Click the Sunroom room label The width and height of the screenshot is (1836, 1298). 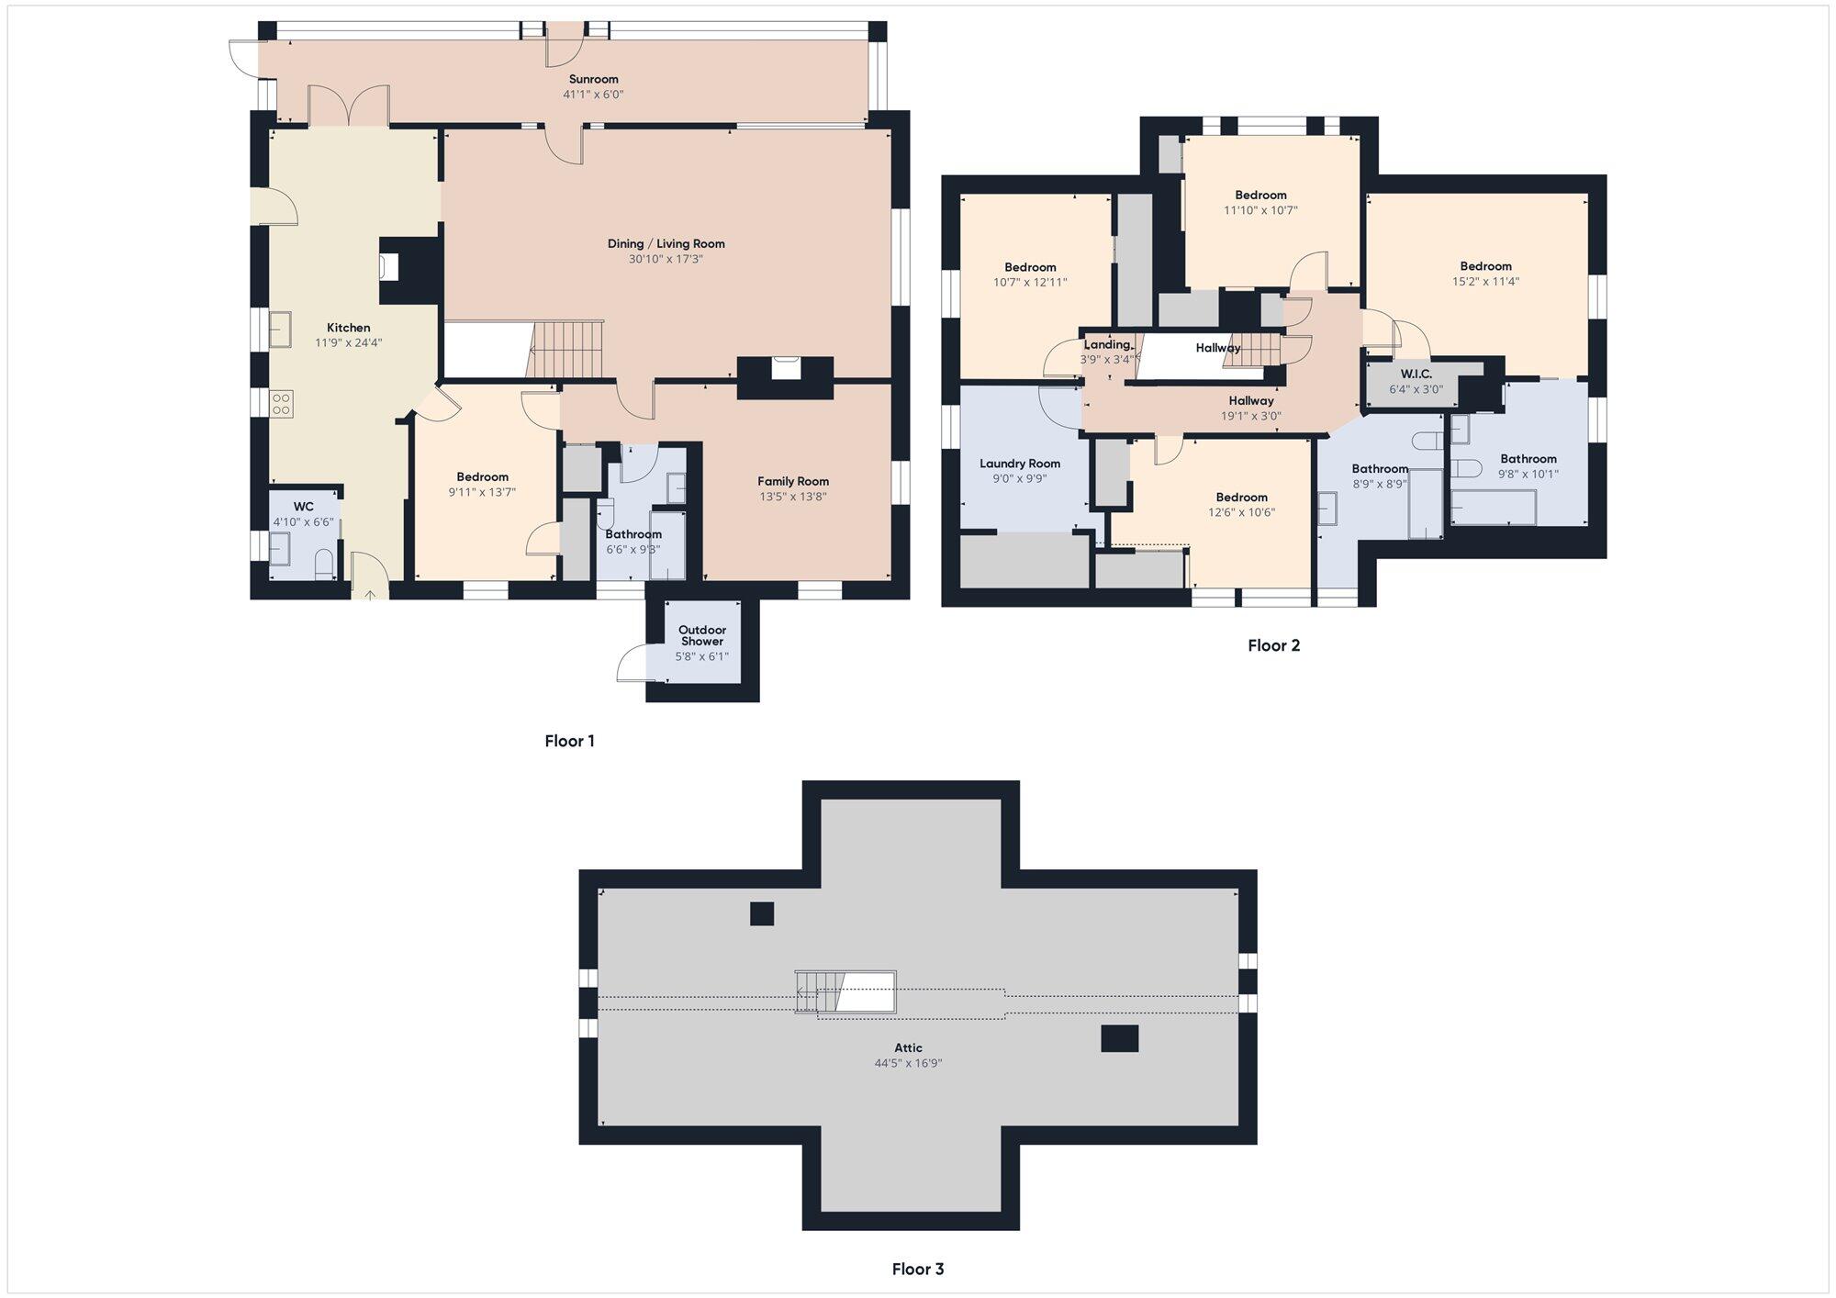tap(593, 79)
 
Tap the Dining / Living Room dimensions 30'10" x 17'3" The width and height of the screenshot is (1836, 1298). tap(666, 259)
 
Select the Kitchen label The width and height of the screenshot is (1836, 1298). tap(349, 328)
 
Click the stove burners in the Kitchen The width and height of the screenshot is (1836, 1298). tap(282, 404)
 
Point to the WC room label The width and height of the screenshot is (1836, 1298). tap(303, 507)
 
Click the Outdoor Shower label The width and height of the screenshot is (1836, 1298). tap(702, 635)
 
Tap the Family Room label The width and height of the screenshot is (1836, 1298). tap(793, 481)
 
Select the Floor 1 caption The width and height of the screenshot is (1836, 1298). tap(570, 741)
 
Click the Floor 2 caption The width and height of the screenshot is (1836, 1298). tap(1273, 645)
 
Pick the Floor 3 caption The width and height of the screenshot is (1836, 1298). tap(918, 1269)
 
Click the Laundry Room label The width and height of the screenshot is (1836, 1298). tap(1020, 464)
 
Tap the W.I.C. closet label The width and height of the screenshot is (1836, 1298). tap(1416, 375)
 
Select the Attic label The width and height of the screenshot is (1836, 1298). tap(909, 1047)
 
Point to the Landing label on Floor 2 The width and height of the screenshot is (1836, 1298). tap(1107, 345)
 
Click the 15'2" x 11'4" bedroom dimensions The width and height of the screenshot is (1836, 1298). tap(1485, 282)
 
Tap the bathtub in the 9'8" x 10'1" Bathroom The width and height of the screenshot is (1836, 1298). tap(1494, 508)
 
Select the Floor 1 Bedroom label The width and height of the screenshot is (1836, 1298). tap(483, 476)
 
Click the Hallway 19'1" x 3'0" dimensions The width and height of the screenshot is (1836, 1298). tap(1251, 416)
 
